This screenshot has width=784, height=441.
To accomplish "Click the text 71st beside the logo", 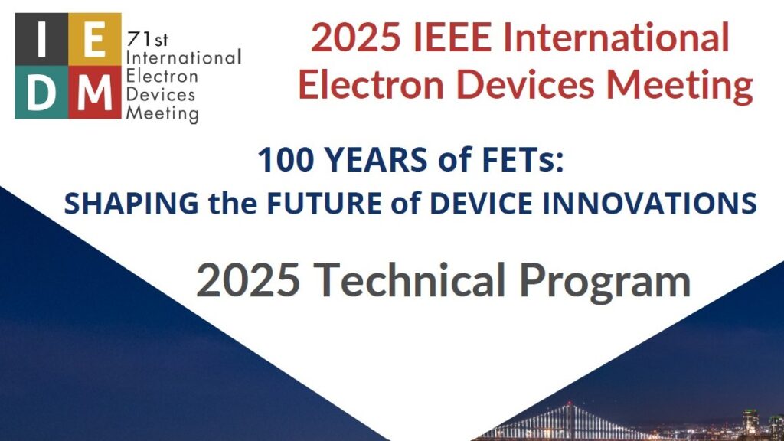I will pos(143,40).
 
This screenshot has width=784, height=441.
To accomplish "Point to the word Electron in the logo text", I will pos(162,77).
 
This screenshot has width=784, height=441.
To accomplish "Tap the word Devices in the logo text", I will pos(160,96).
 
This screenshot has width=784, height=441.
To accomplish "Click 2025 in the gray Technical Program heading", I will pos(247,281).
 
